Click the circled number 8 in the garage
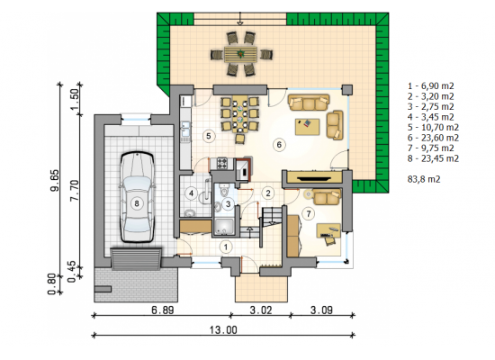click(137, 203)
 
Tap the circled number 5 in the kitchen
click(209, 136)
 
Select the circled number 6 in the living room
click(279, 145)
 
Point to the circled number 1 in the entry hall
click(226, 247)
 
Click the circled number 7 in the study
click(309, 214)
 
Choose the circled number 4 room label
click(192, 193)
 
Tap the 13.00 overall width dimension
click(223, 330)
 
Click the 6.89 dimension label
click(163, 310)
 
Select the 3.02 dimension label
click(261, 310)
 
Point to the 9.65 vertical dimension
click(54, 180)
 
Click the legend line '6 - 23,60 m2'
click(433, 138)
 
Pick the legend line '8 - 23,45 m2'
click(433, 158)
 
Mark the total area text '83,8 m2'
click(424, 179)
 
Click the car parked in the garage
click(137, 197)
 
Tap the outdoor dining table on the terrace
click(241, 54)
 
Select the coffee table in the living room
click(307, 127)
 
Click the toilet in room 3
click(223, 192)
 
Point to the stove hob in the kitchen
click(222, 163)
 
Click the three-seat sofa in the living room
click(309, 103)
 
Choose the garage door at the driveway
click(136, 259)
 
